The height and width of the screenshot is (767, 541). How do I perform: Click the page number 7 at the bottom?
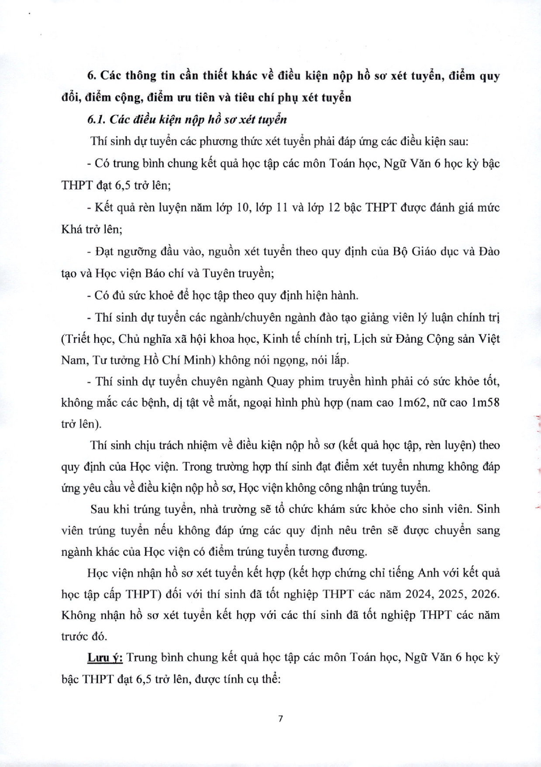[280, 719]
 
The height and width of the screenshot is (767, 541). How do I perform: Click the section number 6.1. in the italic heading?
[96, 120]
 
